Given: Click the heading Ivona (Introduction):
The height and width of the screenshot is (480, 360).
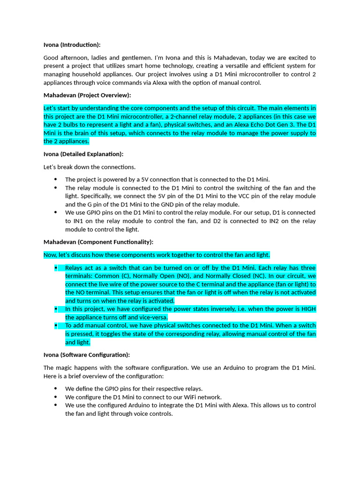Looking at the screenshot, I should tap(72, 45).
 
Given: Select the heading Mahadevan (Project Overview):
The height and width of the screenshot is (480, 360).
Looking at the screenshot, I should tap(87, 95).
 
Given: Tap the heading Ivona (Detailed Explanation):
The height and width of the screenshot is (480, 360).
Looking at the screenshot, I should tap(83, 154).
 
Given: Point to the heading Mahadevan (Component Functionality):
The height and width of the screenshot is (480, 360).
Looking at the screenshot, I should tap(98, 242).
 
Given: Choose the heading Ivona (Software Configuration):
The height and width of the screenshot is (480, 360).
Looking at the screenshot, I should tap(87, 355).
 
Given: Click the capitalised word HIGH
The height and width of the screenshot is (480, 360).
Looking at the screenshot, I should tap(307, 309).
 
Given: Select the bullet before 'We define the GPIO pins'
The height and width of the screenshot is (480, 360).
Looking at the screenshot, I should tap(55, 389).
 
